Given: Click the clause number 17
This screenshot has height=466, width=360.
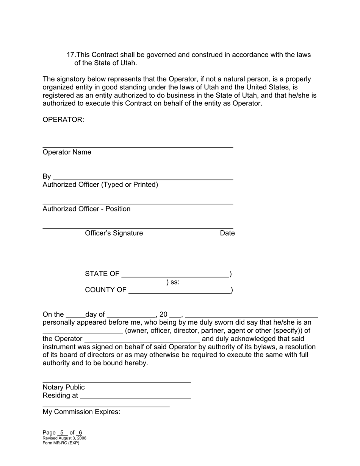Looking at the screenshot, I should pyautogui.click(x=71, y=55).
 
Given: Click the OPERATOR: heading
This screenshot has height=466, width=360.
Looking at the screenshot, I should pyautogui.click(x=63, y=120).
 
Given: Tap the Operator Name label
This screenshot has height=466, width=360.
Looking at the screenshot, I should pyautogui.click(x=67, y=152).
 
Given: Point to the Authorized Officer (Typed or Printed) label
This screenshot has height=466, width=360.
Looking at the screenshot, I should pyautogui.click(x=100, y=185).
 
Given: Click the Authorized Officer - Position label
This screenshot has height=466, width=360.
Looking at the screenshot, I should pyautogui.click(x=86, y=209).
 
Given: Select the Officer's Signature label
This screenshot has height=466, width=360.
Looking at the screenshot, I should pyautogui.click(x=114, y=233).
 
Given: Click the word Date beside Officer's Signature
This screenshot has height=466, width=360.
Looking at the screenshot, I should pyautogui.click(x=227, y=233).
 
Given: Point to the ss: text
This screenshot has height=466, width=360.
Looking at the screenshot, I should pyautogui.click(x=175, y=282).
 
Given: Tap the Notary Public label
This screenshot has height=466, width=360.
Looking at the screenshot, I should pyautogui.click(x=64, y=387).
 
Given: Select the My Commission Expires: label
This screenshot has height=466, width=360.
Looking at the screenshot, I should pyautogui.click(x=81, y=412).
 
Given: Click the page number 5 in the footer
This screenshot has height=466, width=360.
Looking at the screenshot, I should pyautogui.click(x=62, y=433).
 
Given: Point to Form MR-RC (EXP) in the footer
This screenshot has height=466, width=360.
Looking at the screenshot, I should pyautogui.click(x=61, y=443).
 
